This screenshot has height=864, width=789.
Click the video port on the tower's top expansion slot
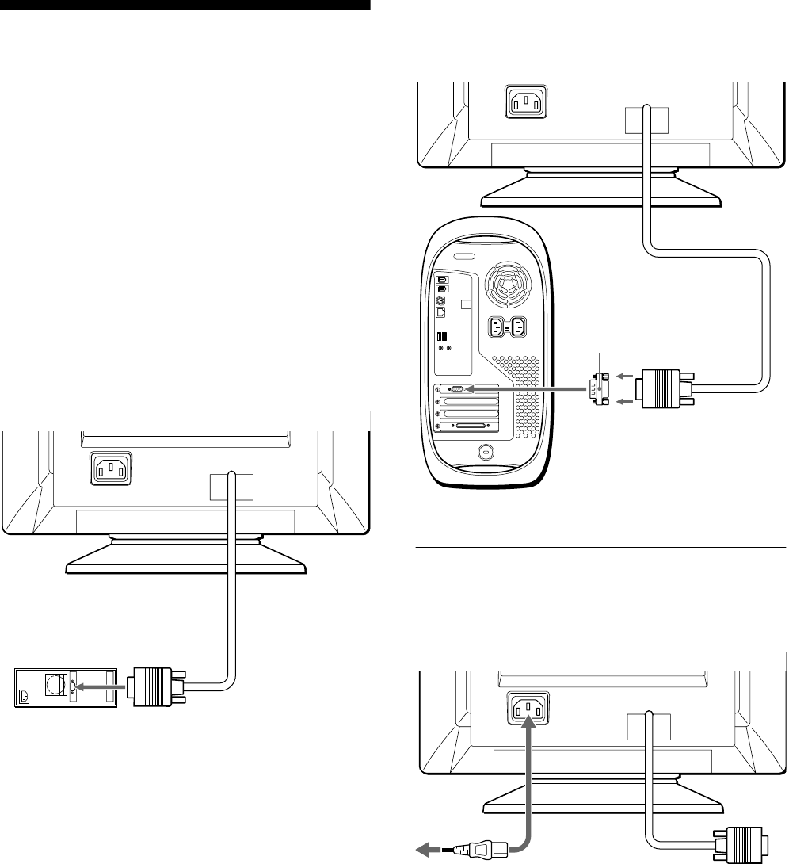(x=456, y=389)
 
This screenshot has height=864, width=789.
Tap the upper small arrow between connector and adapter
(x=624, y=376)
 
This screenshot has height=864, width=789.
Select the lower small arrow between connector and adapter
(x=624, y=403)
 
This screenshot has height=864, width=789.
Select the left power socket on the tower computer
(x=498, y=327)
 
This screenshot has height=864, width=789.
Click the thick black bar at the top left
(x=185, y=6)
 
